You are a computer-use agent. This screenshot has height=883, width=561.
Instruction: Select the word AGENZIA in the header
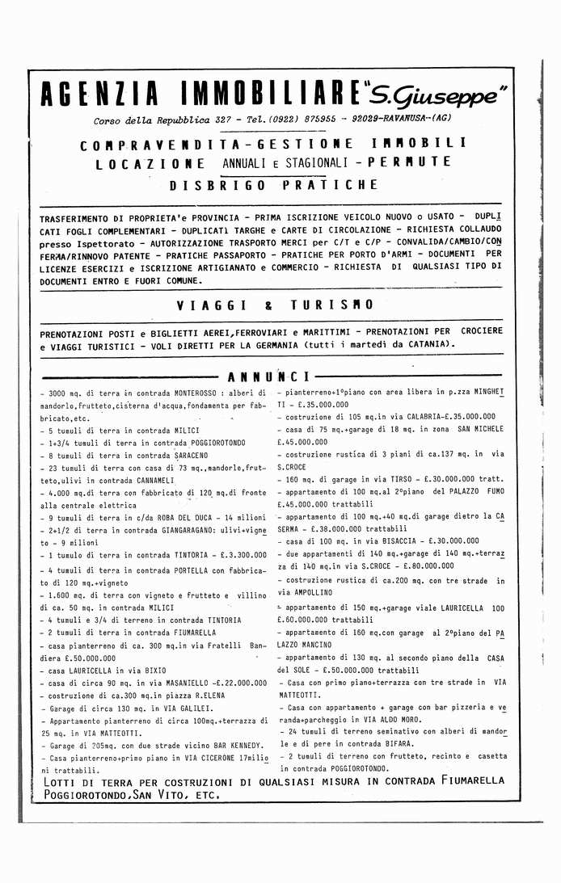pos(99,95)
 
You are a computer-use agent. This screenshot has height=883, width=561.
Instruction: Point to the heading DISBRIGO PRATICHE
pos(273,185)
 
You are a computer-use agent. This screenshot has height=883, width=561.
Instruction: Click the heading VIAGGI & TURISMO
pos(275,305)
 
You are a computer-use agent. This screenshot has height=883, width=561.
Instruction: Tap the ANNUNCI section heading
pos(268,376)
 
